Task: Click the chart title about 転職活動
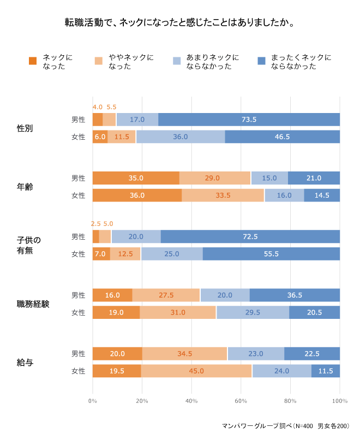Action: pyautogui.click(x=180, y=23)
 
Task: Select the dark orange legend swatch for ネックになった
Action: pyautogui.click(x=33, y=61)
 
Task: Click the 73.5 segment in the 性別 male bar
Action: pyautogui.click(x=249, y=120)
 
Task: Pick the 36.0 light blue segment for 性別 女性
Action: pyautogui.click(x=181, y=137)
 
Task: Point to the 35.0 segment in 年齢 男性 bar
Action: pyautogui.click(x=136, y=178)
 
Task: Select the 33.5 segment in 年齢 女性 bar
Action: pyautogui.click(x=223, y=195)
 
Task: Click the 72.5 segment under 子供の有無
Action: pyautogui.click(x=250, y=236)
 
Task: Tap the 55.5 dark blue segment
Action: pyautogui.click(x=271, y=254)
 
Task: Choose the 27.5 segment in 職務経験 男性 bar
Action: pyautogui.click(x=166, y=295)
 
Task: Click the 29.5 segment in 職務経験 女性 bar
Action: pyautogui.click(x=253, y=312)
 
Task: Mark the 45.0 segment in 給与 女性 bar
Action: pyautogui.click(x=196, y=371)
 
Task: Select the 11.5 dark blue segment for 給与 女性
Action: pyautogui.click(x=326, y=371)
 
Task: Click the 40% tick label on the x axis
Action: pyautogui.click(x=191, y=401)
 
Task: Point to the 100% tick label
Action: pyautogui.click(x=339, y=401)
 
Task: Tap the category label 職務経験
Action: pyautogui.click(x=33, y=304)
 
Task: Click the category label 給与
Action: pyautogui.click(x=25, y=362)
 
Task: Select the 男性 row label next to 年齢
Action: pyautogui.click(x=79, y=178)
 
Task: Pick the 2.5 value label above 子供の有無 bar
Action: pyautogui.click(x=95, y=223)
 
